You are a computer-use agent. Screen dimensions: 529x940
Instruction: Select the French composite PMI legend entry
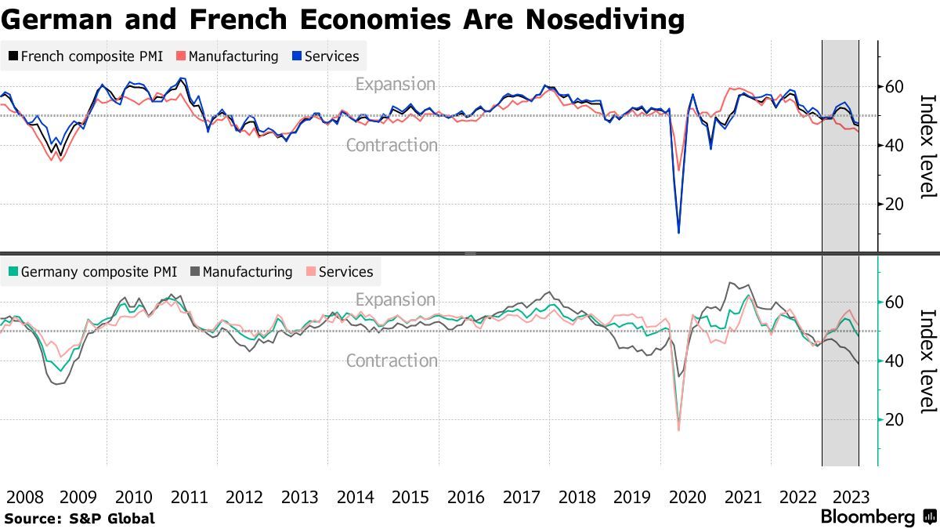(x=85, y=56)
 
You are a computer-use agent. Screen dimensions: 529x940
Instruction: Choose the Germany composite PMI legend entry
(x=91, y=272)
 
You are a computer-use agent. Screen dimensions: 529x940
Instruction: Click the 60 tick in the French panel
(x=895, y=86)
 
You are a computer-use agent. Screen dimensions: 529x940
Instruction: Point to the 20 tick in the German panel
(x=895, y=420)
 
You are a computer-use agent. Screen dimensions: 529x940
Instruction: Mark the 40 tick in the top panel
(x=895, y=145)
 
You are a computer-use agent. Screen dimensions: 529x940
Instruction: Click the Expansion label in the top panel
(x=395, y=84)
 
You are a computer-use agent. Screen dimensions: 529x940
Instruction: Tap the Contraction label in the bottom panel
(x=392, y=361)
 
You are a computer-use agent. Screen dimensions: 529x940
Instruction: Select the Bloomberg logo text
(x=867, y=517)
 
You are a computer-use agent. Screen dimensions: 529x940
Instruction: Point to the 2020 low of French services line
(x=678, y=232)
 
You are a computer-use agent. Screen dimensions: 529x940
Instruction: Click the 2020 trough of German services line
(x=678, y=429)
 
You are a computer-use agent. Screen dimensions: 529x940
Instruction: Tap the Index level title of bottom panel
(x=927, y=361)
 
